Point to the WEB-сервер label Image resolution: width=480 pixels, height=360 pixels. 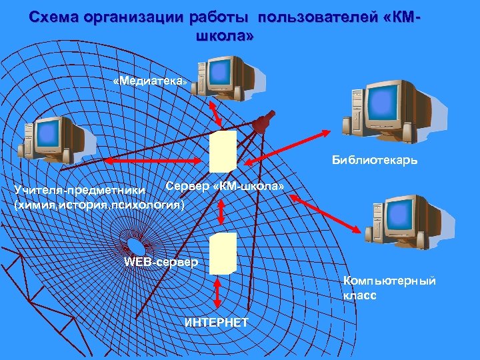[161, 261]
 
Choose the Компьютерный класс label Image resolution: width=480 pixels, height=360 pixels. [389, 288]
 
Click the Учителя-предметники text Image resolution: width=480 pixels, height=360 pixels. [85, 192]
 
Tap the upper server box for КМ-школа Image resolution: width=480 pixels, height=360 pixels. [223, 151]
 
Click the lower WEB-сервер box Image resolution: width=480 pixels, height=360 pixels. [223, 253]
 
